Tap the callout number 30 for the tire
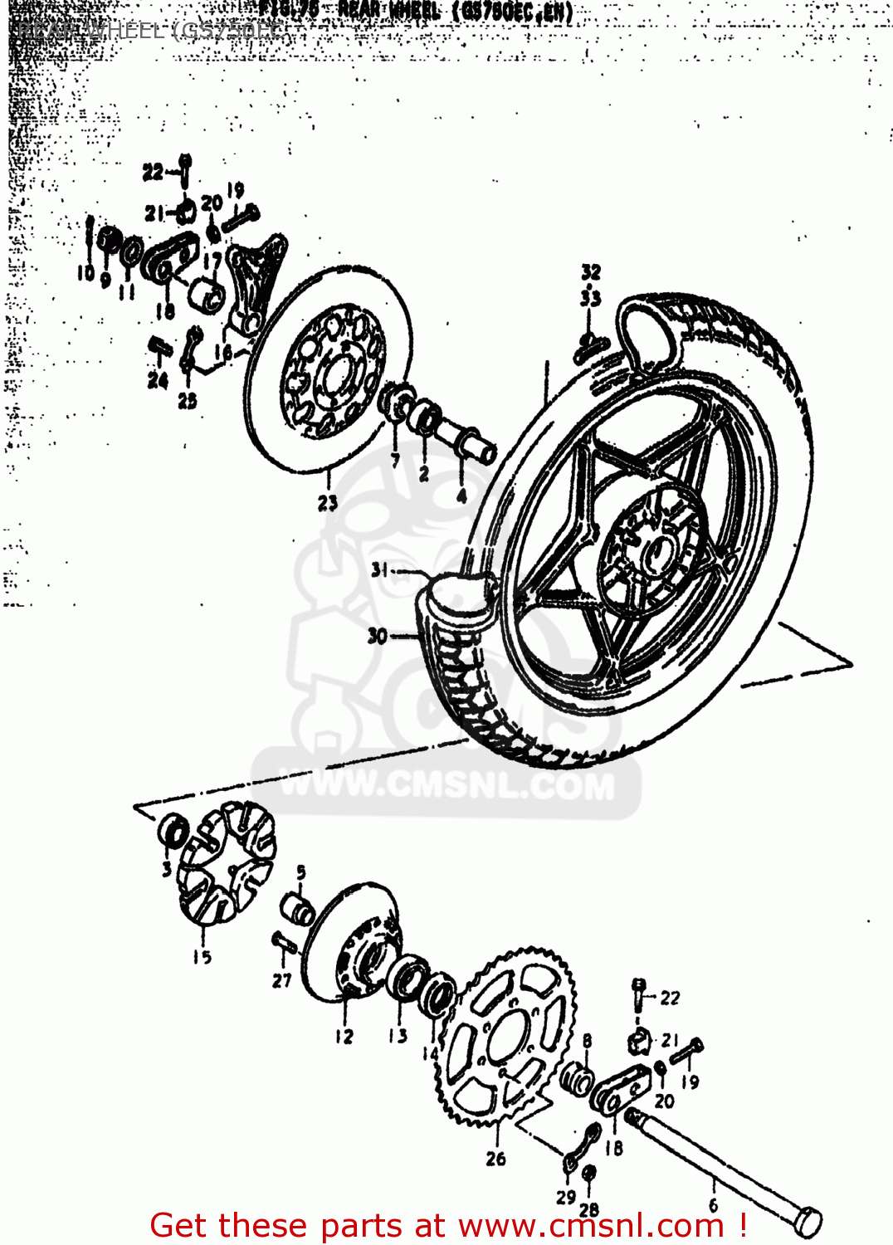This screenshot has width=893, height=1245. (x=378, y=637)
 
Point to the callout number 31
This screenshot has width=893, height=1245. (x=380, y=570)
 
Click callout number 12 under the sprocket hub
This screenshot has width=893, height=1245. (x=344, y=1037)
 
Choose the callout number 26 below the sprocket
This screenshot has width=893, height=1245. (x=495, y=1158)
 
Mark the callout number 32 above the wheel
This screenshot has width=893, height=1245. (x=590, y=272)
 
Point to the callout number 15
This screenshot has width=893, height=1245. (x=202, y=957)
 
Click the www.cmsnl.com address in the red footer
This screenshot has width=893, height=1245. (x=591, y=1225)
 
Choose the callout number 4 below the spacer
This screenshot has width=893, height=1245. (x=461, y=496)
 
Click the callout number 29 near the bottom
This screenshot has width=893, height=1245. (x=566, y=1197)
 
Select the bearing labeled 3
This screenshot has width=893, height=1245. (x=173, y=831)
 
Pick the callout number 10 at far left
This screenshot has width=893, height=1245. (x=85, y=273)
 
